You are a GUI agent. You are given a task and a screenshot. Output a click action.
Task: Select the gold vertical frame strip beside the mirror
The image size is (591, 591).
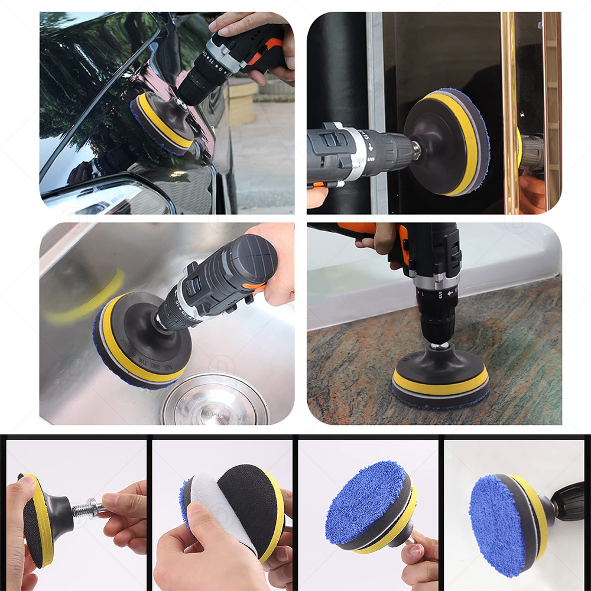pyautogui.click(x=509, y=112)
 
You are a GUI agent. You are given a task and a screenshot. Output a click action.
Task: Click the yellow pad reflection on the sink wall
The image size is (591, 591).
pyautogui.click(x=89, y=301)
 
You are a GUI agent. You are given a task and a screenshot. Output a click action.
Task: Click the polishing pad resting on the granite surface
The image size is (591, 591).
pyautogui.click(x=440, y=384)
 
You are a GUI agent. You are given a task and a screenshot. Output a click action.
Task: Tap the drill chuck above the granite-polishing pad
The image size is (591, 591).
pyautogui.click(x=437, y=328)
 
